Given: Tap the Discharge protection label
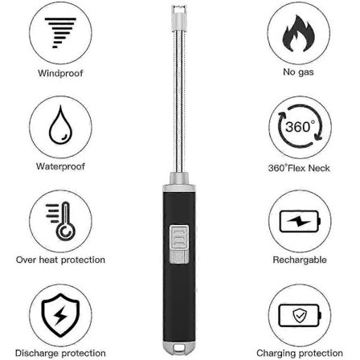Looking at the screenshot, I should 54,351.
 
